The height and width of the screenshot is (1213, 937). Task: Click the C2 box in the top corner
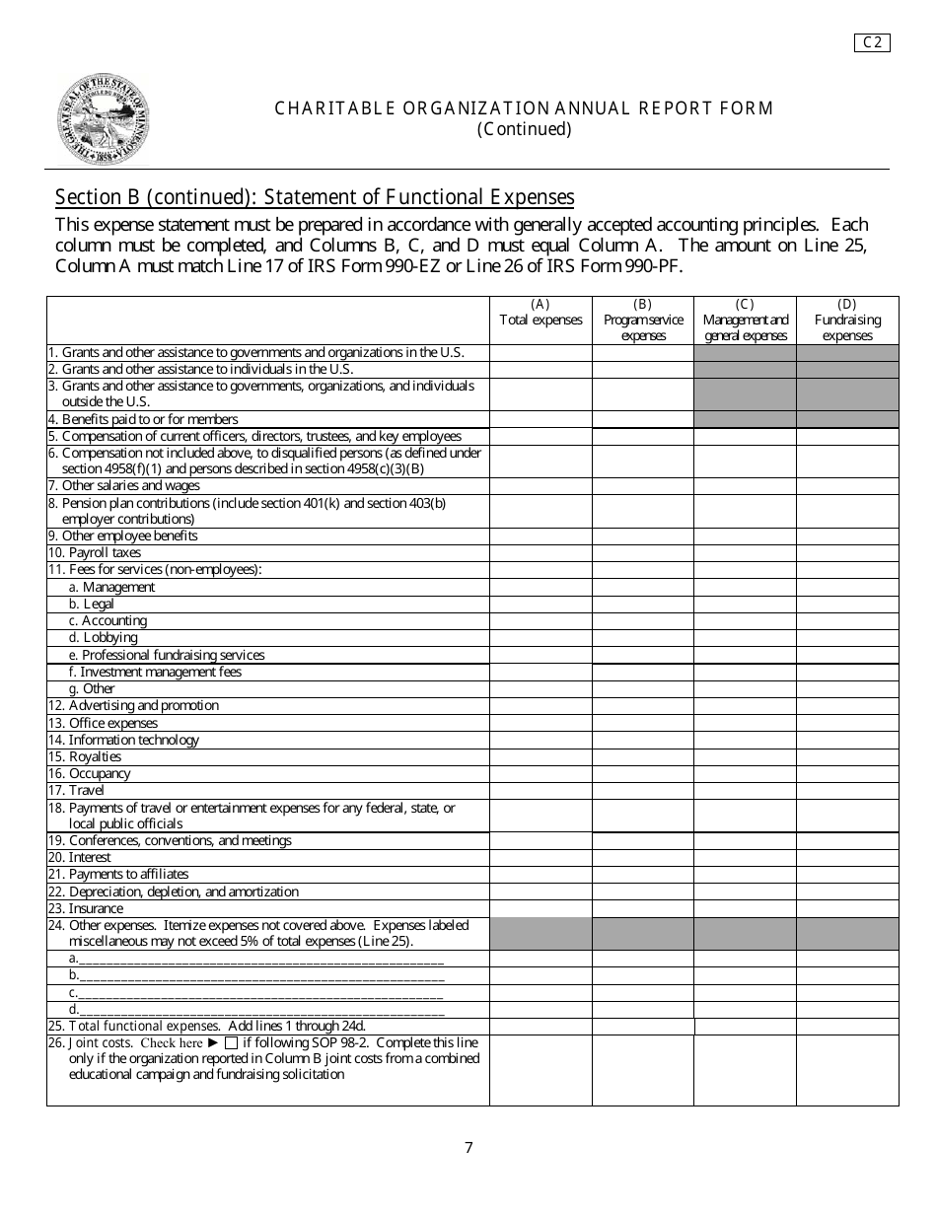872,41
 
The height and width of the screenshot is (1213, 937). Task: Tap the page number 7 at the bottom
468,1147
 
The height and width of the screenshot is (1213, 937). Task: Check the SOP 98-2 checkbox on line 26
231,1042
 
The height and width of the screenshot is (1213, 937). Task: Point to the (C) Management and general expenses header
745,320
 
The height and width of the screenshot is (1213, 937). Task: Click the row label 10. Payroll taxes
95,553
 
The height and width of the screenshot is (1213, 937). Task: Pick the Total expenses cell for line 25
541,1026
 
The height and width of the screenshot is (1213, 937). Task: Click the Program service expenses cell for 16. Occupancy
642,773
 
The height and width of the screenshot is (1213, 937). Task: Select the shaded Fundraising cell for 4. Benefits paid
847,419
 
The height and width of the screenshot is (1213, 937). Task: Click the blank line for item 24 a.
261,959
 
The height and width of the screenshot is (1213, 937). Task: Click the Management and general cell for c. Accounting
745,621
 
